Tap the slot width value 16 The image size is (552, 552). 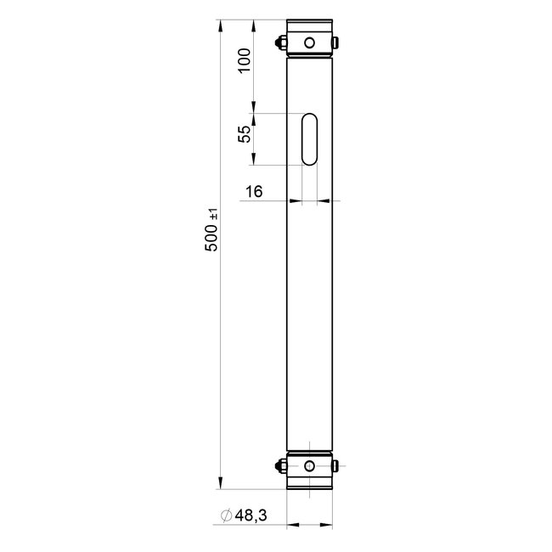[253, 192]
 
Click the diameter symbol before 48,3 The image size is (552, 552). [227, 515]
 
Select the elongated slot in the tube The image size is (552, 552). [310, 138]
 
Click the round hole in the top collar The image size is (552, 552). [310, 42]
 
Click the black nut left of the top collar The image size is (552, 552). [280, 42]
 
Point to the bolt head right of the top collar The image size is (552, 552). [338, 42]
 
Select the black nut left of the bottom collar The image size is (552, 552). [280, 465]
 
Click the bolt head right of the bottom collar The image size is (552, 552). [338, 465]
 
